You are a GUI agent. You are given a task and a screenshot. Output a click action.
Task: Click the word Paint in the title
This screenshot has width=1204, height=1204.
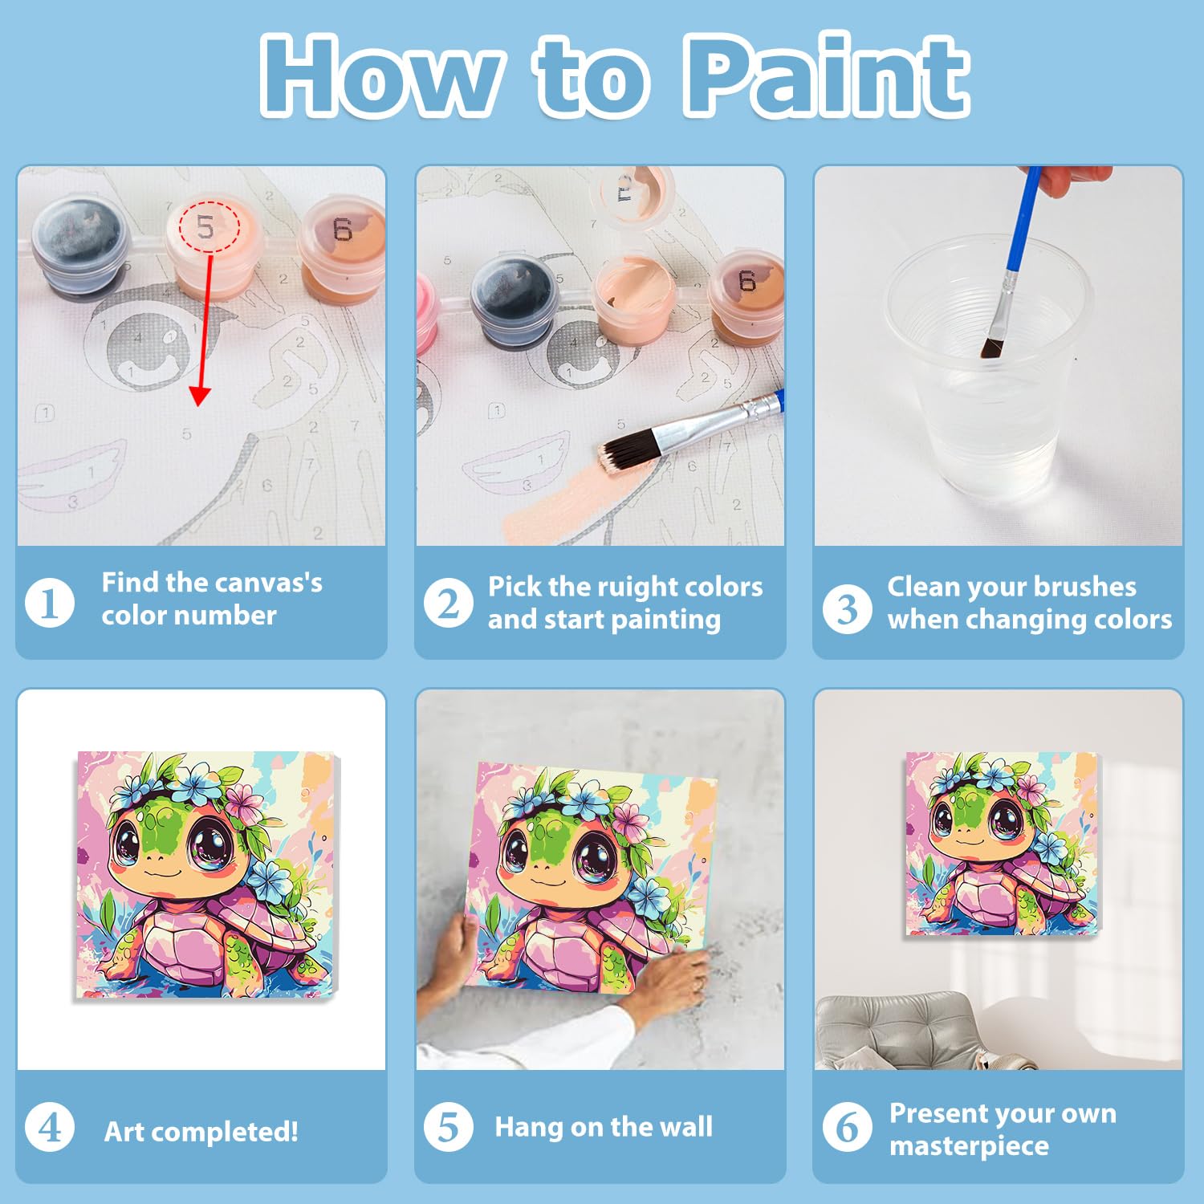click(827, 76)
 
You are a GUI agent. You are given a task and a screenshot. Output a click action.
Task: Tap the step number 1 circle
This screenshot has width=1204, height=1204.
click(50, 604)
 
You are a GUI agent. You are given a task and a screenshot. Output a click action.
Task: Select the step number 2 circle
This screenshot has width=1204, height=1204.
click(448, 604)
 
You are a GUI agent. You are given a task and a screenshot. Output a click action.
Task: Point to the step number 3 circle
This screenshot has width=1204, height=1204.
click(847, 608)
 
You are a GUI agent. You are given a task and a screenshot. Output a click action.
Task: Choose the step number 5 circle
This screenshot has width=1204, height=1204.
click(448, 1127)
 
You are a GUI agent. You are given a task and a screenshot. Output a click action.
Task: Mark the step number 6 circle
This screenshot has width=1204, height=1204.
click(847, 1127)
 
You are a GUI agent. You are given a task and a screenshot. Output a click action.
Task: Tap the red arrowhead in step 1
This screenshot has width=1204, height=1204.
click(200, 395)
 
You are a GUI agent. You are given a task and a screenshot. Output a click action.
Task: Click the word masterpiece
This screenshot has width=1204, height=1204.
click(969, 1147)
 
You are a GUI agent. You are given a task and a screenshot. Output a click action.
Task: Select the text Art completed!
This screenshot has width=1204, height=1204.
click(201, 1132)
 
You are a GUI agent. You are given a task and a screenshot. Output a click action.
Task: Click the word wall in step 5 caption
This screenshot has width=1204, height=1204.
click(683, 1127)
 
